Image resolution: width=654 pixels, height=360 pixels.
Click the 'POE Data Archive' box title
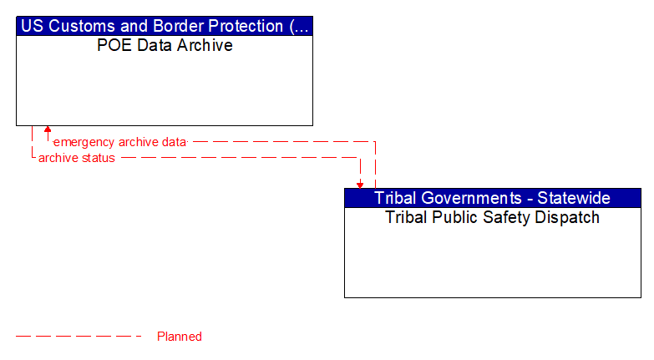(165, 46)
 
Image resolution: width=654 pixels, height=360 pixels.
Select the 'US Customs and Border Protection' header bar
(165, 26)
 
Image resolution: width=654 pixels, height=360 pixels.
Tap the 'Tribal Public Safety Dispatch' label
(492, 218)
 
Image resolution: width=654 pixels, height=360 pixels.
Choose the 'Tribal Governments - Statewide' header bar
(492, 198)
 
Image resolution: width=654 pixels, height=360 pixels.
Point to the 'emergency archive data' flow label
(119, 142)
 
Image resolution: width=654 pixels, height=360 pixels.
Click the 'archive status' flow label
(77, 158)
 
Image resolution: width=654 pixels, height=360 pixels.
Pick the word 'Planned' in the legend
(180, 337)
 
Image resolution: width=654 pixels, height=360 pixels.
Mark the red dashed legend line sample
(79, 337)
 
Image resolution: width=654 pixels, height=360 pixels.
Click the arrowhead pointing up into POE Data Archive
(48, 129)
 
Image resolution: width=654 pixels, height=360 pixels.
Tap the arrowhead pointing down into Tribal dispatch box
(360, 184)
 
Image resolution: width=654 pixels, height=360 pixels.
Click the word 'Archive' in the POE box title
(205, 46)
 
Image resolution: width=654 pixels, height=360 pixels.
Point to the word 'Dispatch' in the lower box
(570, 218)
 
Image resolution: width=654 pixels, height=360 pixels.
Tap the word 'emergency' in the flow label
(84, 142)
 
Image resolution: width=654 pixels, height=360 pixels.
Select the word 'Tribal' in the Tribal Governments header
(395, 198)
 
